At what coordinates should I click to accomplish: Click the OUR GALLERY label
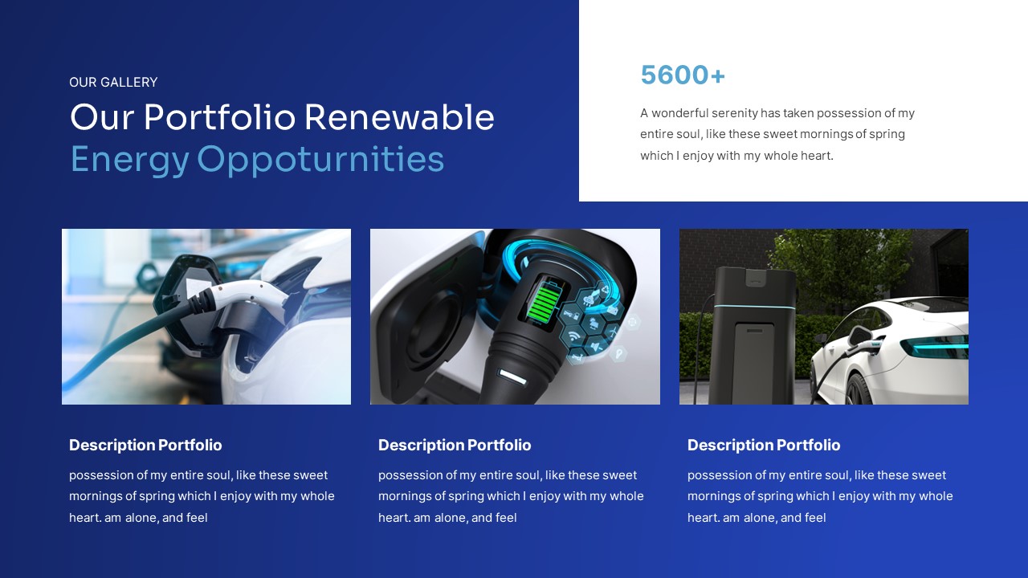click(113, 82)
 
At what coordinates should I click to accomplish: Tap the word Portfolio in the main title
click(219, 117)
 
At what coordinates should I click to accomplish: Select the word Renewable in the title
click(399, 117)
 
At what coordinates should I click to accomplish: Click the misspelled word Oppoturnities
click(320, 159)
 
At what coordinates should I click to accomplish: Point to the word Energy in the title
click(129, 159)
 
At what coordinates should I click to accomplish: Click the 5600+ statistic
click(683, 75)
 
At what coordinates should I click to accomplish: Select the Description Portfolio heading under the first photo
click(145, 445)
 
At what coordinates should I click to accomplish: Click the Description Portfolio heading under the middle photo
click(455, 445)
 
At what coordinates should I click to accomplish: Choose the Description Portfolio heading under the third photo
click(764, 445)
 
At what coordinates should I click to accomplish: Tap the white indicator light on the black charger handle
click(512, 375)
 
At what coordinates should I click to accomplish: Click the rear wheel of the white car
click(859, 389)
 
